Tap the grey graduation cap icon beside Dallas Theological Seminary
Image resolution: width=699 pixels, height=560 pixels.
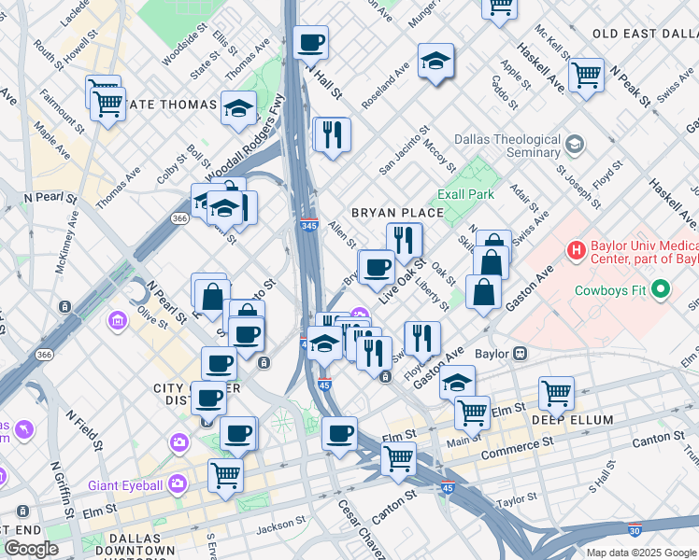(574, 146)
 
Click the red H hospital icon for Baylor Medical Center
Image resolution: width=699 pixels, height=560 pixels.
(577, 250)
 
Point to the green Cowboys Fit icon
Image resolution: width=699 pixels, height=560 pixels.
(663, 289)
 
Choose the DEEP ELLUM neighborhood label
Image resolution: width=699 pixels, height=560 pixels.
(586, 420)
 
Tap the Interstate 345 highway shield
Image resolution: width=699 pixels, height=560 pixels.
(309, 226)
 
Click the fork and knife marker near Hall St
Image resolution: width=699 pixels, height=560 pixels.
(332, 133)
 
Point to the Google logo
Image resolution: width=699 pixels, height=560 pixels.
(32, 549)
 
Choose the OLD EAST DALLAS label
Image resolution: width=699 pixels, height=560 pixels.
(645, 34)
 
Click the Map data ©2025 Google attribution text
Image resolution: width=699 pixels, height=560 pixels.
(640, 553)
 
